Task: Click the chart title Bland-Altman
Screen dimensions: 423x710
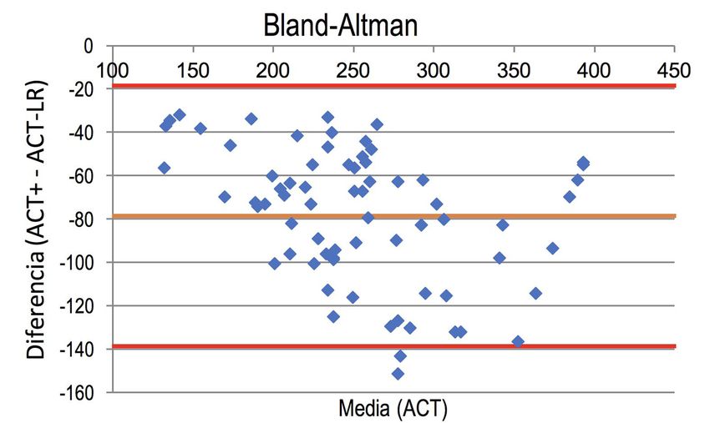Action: click(340, 26)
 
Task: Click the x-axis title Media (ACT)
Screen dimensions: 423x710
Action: click(393, 409)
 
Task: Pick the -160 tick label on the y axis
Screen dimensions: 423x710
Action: click(79, 392)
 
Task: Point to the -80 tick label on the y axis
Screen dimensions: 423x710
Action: click(82, 219)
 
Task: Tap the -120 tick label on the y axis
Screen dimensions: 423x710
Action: click(79, 305)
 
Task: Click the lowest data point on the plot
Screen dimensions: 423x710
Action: click(398, 374)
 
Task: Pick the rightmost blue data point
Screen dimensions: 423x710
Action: click(583, 163)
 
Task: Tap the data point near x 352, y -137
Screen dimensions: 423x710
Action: click(518, 341)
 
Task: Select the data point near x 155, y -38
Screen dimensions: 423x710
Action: click(200, 128)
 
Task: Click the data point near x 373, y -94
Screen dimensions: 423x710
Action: click(552, 248)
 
